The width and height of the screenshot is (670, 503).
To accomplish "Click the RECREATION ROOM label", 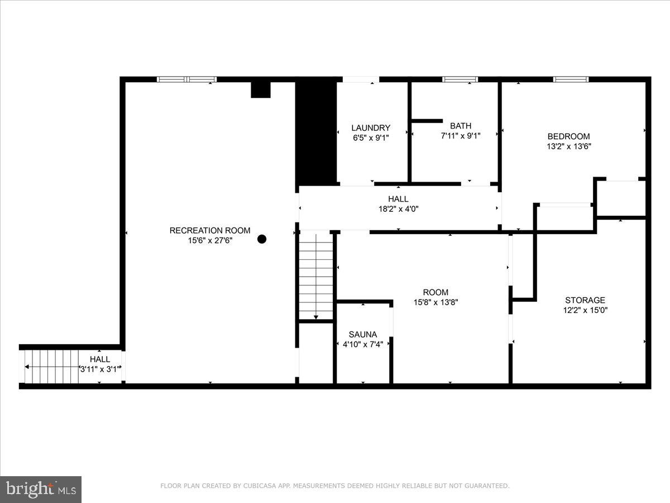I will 210,230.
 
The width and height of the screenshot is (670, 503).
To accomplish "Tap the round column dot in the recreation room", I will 262,239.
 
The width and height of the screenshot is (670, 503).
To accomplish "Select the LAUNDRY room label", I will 371,128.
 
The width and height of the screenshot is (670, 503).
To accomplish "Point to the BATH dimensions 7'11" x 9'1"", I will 461,135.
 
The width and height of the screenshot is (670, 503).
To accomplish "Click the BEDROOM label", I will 568,136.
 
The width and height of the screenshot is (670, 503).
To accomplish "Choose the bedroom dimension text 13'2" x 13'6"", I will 568,146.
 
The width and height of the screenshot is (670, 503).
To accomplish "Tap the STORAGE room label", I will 585,300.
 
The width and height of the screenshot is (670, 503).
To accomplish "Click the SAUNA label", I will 363,334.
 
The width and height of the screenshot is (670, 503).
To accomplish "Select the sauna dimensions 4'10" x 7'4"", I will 363,344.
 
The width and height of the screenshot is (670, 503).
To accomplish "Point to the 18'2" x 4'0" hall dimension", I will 398,209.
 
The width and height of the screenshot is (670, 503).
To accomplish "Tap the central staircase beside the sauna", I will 316,277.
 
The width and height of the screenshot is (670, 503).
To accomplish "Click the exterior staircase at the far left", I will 50,367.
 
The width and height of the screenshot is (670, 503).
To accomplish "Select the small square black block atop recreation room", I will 260,89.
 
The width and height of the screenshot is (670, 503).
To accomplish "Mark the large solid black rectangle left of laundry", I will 316,131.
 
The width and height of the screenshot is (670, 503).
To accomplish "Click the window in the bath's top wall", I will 460,79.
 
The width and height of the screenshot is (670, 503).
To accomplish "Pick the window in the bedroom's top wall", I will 571,79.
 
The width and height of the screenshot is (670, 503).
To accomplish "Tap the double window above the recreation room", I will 186,79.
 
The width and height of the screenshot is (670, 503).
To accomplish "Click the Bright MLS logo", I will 41,489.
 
